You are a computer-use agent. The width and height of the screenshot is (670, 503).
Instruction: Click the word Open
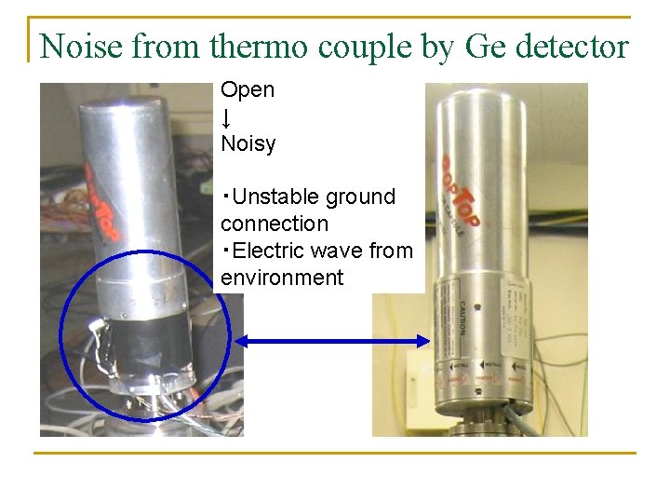coord(248,90)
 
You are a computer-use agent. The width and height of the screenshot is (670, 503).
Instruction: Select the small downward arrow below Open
coord(226,118)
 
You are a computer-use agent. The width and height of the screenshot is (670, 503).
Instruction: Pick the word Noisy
coord(248,144)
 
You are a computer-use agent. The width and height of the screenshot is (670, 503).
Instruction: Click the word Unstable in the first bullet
coord(276,197)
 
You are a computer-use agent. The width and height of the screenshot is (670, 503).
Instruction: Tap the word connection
coord(275,224)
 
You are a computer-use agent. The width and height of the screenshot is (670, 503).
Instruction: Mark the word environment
coord(282,279)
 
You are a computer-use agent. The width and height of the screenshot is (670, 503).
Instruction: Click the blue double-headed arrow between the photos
coord(331,342)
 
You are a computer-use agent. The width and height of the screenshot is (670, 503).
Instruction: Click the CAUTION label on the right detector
coord(462,319)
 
